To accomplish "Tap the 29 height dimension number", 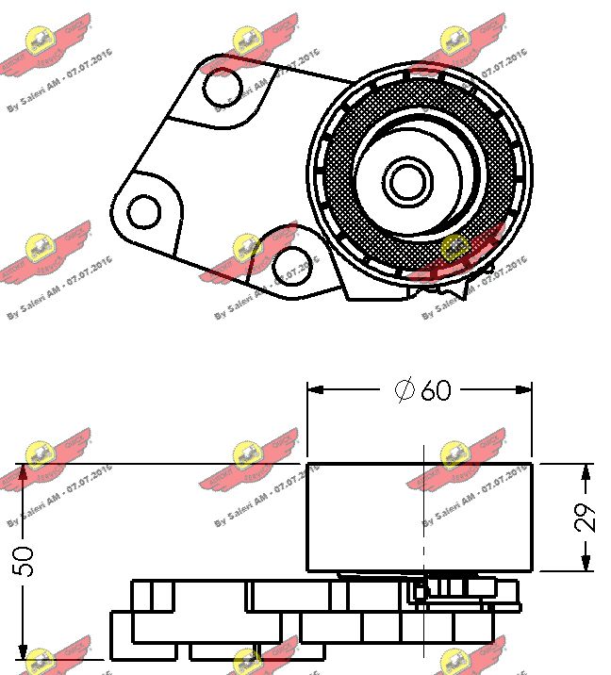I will (x=586, y=517).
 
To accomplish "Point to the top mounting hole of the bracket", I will (x=223, y=88).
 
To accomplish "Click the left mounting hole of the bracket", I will (x=144, y=212).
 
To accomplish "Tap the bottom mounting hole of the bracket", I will (x=290, y=266).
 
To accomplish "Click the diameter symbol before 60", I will (x=405, y=389).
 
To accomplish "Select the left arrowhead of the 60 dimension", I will (x=315, y=388).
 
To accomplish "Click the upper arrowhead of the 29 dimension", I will (x=586, y=469).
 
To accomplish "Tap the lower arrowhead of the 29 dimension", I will (x=586, y=565).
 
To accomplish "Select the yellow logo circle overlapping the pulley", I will (x=455, y=248).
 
